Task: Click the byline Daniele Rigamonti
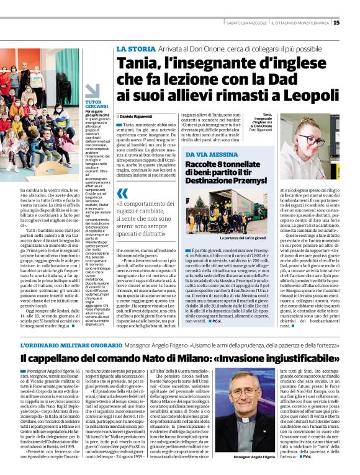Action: [152, 117]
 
